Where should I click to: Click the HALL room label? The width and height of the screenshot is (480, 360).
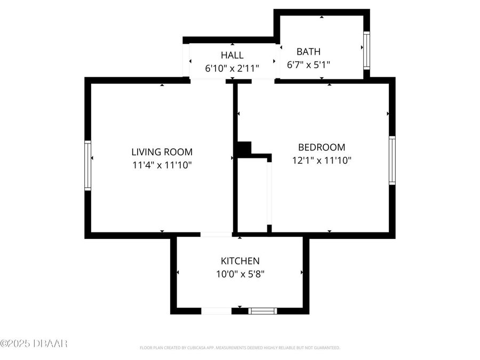232,55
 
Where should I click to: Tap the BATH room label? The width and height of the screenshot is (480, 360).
308,52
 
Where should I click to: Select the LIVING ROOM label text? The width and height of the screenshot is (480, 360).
162,152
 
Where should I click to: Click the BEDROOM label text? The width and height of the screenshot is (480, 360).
321,147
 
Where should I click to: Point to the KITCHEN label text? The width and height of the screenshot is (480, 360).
240,261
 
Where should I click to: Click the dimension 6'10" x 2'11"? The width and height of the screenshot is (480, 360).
232,68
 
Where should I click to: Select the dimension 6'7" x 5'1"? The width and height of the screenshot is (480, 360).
308,65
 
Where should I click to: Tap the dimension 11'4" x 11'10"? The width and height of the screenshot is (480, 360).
162,165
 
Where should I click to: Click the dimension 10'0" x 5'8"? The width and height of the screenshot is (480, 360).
240,274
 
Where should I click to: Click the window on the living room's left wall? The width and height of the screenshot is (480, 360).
87,165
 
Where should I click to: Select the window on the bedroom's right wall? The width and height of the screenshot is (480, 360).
392,160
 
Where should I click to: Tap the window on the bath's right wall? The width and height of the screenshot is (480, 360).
366,51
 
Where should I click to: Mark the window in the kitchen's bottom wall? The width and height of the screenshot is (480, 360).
263,311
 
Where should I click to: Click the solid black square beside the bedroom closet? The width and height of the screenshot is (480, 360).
244,149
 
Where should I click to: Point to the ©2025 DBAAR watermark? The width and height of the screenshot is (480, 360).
34,343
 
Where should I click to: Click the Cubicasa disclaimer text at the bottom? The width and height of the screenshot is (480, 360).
239,348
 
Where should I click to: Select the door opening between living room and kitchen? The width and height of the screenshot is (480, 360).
216,234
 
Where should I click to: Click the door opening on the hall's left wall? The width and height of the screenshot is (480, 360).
186,60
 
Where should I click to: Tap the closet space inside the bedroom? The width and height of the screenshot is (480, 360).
252,195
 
